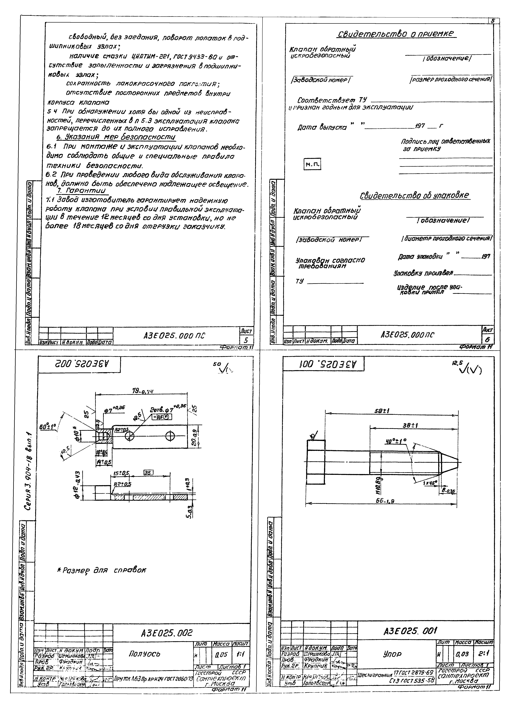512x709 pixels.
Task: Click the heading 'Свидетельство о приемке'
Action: coord(396,34)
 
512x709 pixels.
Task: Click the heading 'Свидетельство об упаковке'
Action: coord(415,195)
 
